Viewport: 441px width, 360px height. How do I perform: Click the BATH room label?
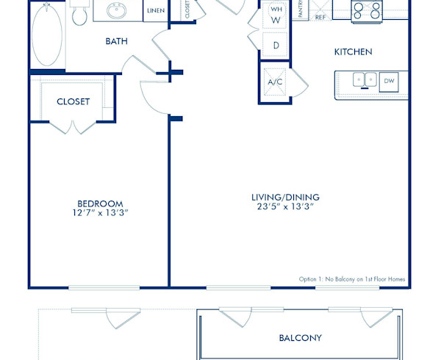pyautogui.click(x=116, y=41)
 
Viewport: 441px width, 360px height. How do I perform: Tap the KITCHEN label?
pyautogui.click(x=353, y=51)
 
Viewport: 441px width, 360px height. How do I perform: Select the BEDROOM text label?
pyautogui.click(x=100, y=204)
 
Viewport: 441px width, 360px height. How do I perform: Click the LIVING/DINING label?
pyautogui.click(x=285, y=197)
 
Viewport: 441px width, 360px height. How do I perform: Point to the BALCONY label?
pyautogui.click(x=300, y=338)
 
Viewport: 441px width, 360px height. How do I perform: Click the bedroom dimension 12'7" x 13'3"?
pyautogui.click(x=100, y=214)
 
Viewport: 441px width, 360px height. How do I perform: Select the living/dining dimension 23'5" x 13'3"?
pyautogui.click(x=285, y=207)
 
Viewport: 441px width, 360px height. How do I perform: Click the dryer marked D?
pyautogui.click(x=276, y=46)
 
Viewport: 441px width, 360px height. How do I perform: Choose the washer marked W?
pyautogui.click(x=276, y=20)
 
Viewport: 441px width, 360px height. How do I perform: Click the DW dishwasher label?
pyautogui.click(x=389, y=80)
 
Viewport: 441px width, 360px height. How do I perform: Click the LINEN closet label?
pyautogui.click(x=155, y=11)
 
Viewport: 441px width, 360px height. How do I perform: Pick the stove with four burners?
pyautogui.click(x=365, y=10)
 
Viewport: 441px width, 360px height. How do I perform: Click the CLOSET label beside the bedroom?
pyautogui.click(x=73, y=101)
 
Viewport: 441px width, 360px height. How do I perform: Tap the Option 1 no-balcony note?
pyautogui.click(x=351, y=279)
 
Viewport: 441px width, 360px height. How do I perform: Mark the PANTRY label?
pyautogui.click(x=301, y=10)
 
